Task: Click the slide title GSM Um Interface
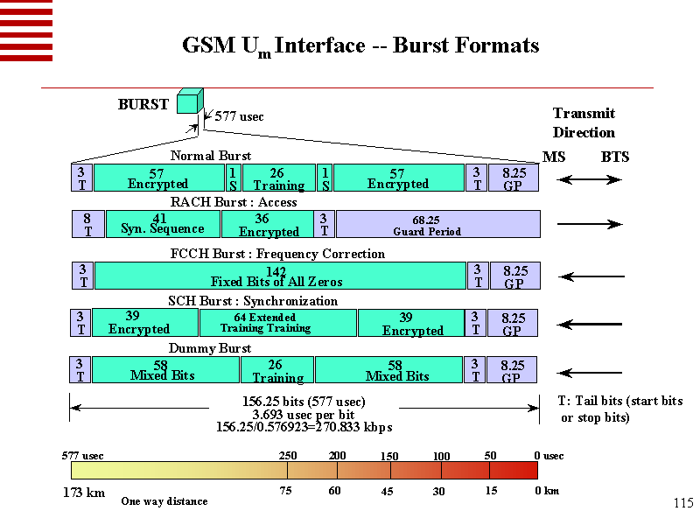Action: [360, 46]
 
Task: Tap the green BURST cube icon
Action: [188, 102]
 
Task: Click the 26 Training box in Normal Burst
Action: [278, 178]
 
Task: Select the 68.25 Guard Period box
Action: [437, 225]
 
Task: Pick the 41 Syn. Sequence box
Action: [162, 224]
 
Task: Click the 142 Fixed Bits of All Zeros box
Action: [279, 276]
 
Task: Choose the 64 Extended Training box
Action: [277, 323]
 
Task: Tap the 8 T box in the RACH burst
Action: [87, 225]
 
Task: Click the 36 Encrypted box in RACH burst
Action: [269, 225]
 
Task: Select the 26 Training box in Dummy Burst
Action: [276, 370]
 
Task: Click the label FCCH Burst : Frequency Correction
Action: [276, 254]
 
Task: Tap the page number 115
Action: [683, 502]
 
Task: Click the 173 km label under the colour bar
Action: [83, 493]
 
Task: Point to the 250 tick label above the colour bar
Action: [288, 456]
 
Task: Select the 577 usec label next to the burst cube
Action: [239, 116]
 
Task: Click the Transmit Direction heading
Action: [584, 122]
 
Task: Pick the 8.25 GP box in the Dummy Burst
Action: [513, 370]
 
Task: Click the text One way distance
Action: [164, 501]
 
